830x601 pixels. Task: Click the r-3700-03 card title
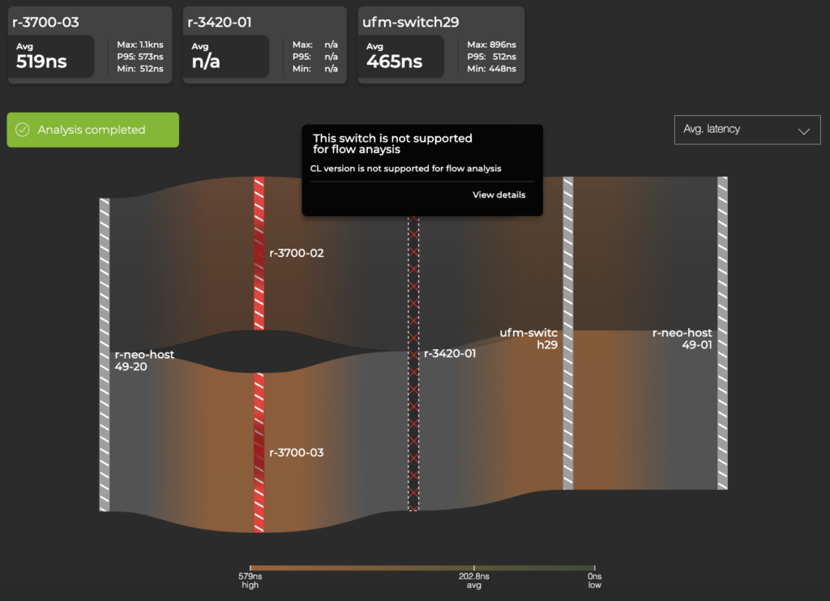[x=46, y=23]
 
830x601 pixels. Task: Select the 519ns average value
[x=41, y=62]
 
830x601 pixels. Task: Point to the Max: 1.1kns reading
[x=140, y=45]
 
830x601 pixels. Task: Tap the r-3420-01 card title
[x=220, y=23]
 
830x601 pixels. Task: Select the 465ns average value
[x=394, y=62]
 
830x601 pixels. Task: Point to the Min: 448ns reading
[x=491, y=69]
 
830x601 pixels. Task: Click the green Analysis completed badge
[x=92, y=130]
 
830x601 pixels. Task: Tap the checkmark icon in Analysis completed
[x=23, y=130]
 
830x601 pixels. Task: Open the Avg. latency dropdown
[x=747, y=130]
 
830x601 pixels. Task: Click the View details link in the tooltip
[x=498, y=195]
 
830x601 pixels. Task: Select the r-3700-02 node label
[x=296, y=254]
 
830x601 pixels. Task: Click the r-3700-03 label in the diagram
[x=296, y=453]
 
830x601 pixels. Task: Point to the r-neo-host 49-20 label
[x=143, y=360]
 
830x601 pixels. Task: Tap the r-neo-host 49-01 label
[x=682, y=339]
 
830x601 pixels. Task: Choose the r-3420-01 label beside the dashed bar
[x=449, y=354]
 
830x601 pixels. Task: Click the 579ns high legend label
[x=250, y=580]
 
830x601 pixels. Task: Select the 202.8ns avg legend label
[x=474, y=580]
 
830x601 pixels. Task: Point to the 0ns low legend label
[x=594, y=580]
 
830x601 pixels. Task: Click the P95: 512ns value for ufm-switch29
[x=491, y=57]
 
